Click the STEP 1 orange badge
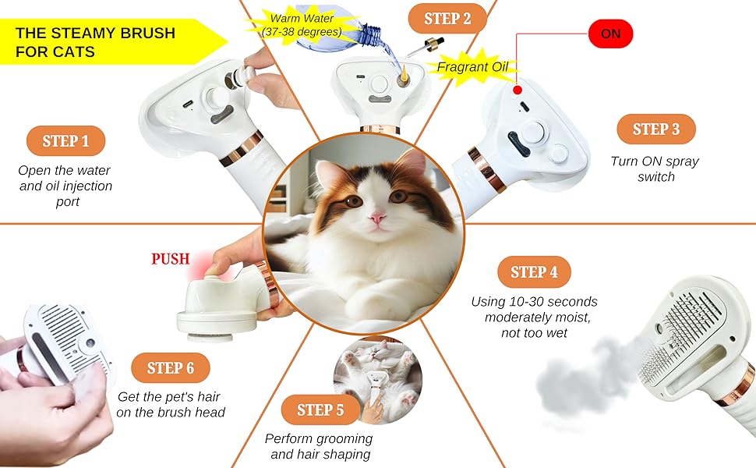point(65,141)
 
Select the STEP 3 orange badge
point(655,129)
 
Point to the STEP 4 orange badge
point(534,272)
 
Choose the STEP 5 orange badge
point(320,409)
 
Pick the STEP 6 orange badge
point(170,368)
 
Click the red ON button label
point(610,34)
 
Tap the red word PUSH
point(170,259)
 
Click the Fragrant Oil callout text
point(472,67)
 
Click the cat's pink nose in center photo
point(376,219)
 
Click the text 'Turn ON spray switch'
point(655,169)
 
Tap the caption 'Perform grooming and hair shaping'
point(318,446)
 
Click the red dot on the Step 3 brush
point(517,90)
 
